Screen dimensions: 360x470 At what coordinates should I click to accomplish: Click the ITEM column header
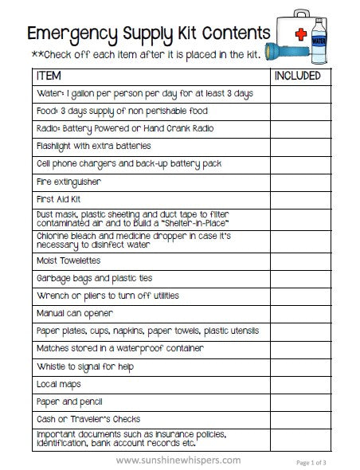point(50,76)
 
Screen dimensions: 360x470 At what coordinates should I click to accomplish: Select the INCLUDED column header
point(297,76)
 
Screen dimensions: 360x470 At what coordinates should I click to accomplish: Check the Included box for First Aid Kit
point(297,199)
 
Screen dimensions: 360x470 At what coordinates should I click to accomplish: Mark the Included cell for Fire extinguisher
point(297,182)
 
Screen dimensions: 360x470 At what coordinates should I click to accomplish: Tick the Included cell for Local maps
point(297,384)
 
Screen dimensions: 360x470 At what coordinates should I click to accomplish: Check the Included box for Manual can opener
point(297,313)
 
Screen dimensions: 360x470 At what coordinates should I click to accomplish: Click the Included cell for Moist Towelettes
point(297,260)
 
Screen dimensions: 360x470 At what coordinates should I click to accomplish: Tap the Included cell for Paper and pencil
point(297,401)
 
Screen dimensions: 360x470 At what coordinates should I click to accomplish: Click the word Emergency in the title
point(72,34)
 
